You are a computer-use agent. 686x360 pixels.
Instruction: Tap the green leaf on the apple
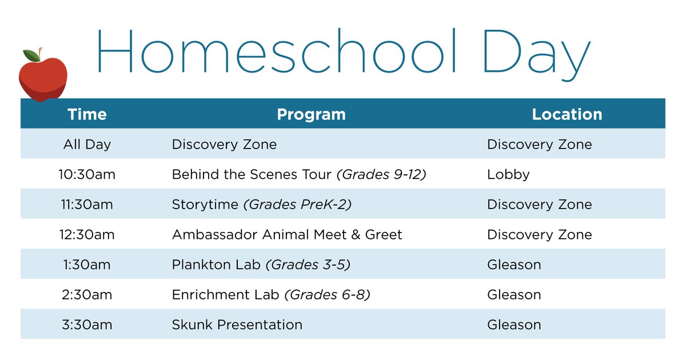(31, 55)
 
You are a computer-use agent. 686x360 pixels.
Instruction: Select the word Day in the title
(537, 53)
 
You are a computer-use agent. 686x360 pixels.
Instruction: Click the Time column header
(87, 114)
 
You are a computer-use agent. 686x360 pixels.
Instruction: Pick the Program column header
(311, 114)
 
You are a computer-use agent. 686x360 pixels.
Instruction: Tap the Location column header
(567, 114)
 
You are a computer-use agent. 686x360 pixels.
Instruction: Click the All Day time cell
(87, 145)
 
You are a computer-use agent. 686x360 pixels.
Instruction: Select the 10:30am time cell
(87, 174)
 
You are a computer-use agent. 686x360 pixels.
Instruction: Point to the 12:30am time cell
(87, 234)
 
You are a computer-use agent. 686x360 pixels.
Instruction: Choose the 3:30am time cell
(87, 325)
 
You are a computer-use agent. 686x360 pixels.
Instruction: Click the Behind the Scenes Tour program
(252, 174)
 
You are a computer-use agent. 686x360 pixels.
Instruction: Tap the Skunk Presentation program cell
(237, 325)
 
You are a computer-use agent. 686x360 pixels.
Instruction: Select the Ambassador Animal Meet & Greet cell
(287, 234)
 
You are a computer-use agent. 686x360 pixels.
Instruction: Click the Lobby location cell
(508, 174)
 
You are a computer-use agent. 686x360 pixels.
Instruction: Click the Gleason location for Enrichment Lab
(513, 295)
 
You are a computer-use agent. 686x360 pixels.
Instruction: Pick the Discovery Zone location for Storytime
(539, 205)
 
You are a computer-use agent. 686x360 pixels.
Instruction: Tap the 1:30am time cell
(87, 265)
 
